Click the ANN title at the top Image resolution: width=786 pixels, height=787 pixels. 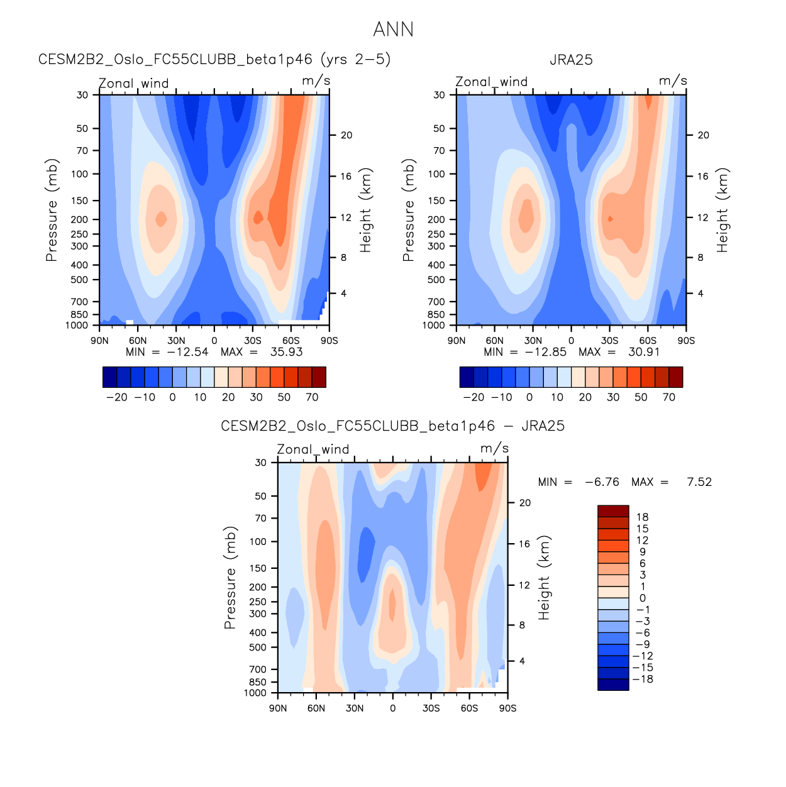coord(393,30)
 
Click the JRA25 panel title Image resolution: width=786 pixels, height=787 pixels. coord(571,60)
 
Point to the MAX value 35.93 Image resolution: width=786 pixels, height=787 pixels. coord(286,352)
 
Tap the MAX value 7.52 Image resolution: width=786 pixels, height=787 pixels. coord(699,482)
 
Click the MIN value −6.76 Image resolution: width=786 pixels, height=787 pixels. coord(602,482)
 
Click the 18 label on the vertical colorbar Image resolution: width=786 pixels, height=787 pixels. coord(642,517)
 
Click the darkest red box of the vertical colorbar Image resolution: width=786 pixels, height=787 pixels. coord(613,510)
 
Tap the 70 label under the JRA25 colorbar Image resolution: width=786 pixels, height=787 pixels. coord(669,397)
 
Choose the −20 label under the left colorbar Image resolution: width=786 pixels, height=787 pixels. coord(116,397)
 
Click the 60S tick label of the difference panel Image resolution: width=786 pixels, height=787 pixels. coord(469,708)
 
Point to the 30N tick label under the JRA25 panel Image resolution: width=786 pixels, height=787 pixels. coord(533,341)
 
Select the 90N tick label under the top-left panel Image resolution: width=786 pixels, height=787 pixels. coord(99,341)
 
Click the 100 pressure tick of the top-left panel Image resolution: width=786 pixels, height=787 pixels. coord(80,174)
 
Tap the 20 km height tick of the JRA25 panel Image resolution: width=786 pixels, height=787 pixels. coord(703,135)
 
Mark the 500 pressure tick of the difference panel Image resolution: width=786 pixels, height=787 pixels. coord(258,647)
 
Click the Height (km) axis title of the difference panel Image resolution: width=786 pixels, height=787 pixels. coord(544,578)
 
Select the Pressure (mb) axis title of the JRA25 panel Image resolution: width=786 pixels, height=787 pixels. coord(409,210)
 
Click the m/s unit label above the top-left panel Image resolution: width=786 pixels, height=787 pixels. coord(316,81)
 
